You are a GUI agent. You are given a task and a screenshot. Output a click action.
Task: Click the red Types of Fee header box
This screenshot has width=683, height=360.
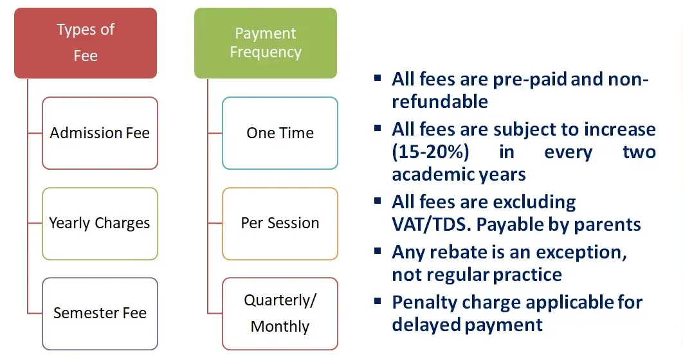(86, 43)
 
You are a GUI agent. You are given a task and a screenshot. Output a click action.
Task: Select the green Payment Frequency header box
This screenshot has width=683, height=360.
(266, 43)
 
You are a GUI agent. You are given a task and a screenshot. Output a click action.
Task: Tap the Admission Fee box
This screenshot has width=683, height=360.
(100, 133)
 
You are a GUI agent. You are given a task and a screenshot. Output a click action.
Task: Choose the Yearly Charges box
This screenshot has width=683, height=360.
(100, 224)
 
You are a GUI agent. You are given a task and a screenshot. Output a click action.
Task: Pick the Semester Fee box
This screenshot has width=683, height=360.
(100, 314)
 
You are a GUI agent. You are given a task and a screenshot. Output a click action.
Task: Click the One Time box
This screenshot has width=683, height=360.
(280, 133)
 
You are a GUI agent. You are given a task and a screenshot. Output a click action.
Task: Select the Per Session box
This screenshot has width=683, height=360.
(280, 224)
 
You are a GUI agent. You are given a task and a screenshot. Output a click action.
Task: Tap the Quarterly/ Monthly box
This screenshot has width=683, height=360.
(280, 314)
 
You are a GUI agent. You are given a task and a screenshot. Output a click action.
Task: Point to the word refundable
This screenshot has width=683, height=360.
(440, 102)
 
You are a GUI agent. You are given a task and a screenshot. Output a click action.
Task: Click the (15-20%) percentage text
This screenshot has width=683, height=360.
(430, 152)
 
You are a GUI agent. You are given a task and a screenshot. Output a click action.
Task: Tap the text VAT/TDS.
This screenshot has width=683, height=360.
(431, 224)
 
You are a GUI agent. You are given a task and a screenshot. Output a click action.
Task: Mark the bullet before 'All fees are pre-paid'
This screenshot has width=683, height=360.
(378, 78)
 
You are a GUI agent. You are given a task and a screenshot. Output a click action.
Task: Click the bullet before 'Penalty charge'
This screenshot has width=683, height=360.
(378, 301)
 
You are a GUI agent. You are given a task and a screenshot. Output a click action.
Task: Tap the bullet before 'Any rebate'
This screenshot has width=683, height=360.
(378, 251)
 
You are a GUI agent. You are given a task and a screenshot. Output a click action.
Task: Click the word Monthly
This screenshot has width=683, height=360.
(280, 327)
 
